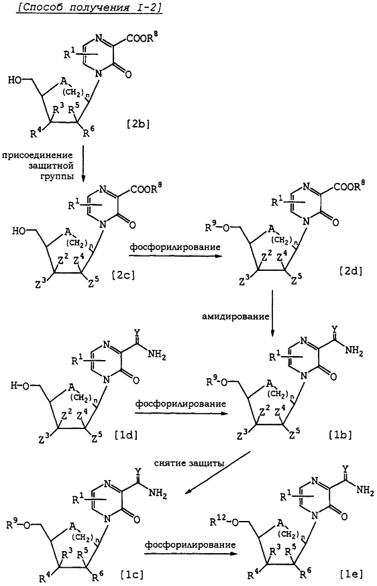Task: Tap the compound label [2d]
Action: [350, 271]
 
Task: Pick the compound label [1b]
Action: [340, 435]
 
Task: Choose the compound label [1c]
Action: [131, 572]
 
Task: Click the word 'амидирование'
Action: [236, 316]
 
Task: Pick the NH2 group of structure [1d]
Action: [157, 354]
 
